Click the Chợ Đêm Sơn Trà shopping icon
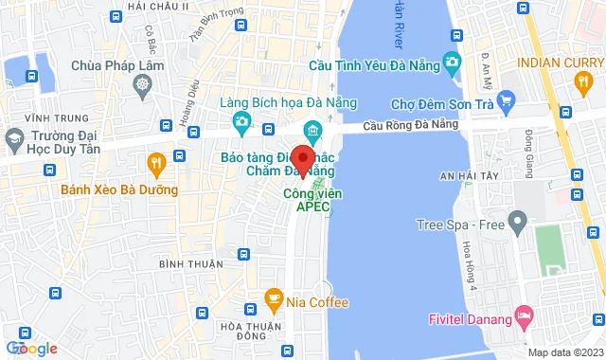click(x=506, y=99)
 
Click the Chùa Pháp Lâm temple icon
click(x=142, y=85)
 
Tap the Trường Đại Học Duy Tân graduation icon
click(x=14, y=141)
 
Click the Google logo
click(x=32, y=349)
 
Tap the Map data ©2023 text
click(x=563, y=352)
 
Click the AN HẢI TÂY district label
click(x=440, y=175)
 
